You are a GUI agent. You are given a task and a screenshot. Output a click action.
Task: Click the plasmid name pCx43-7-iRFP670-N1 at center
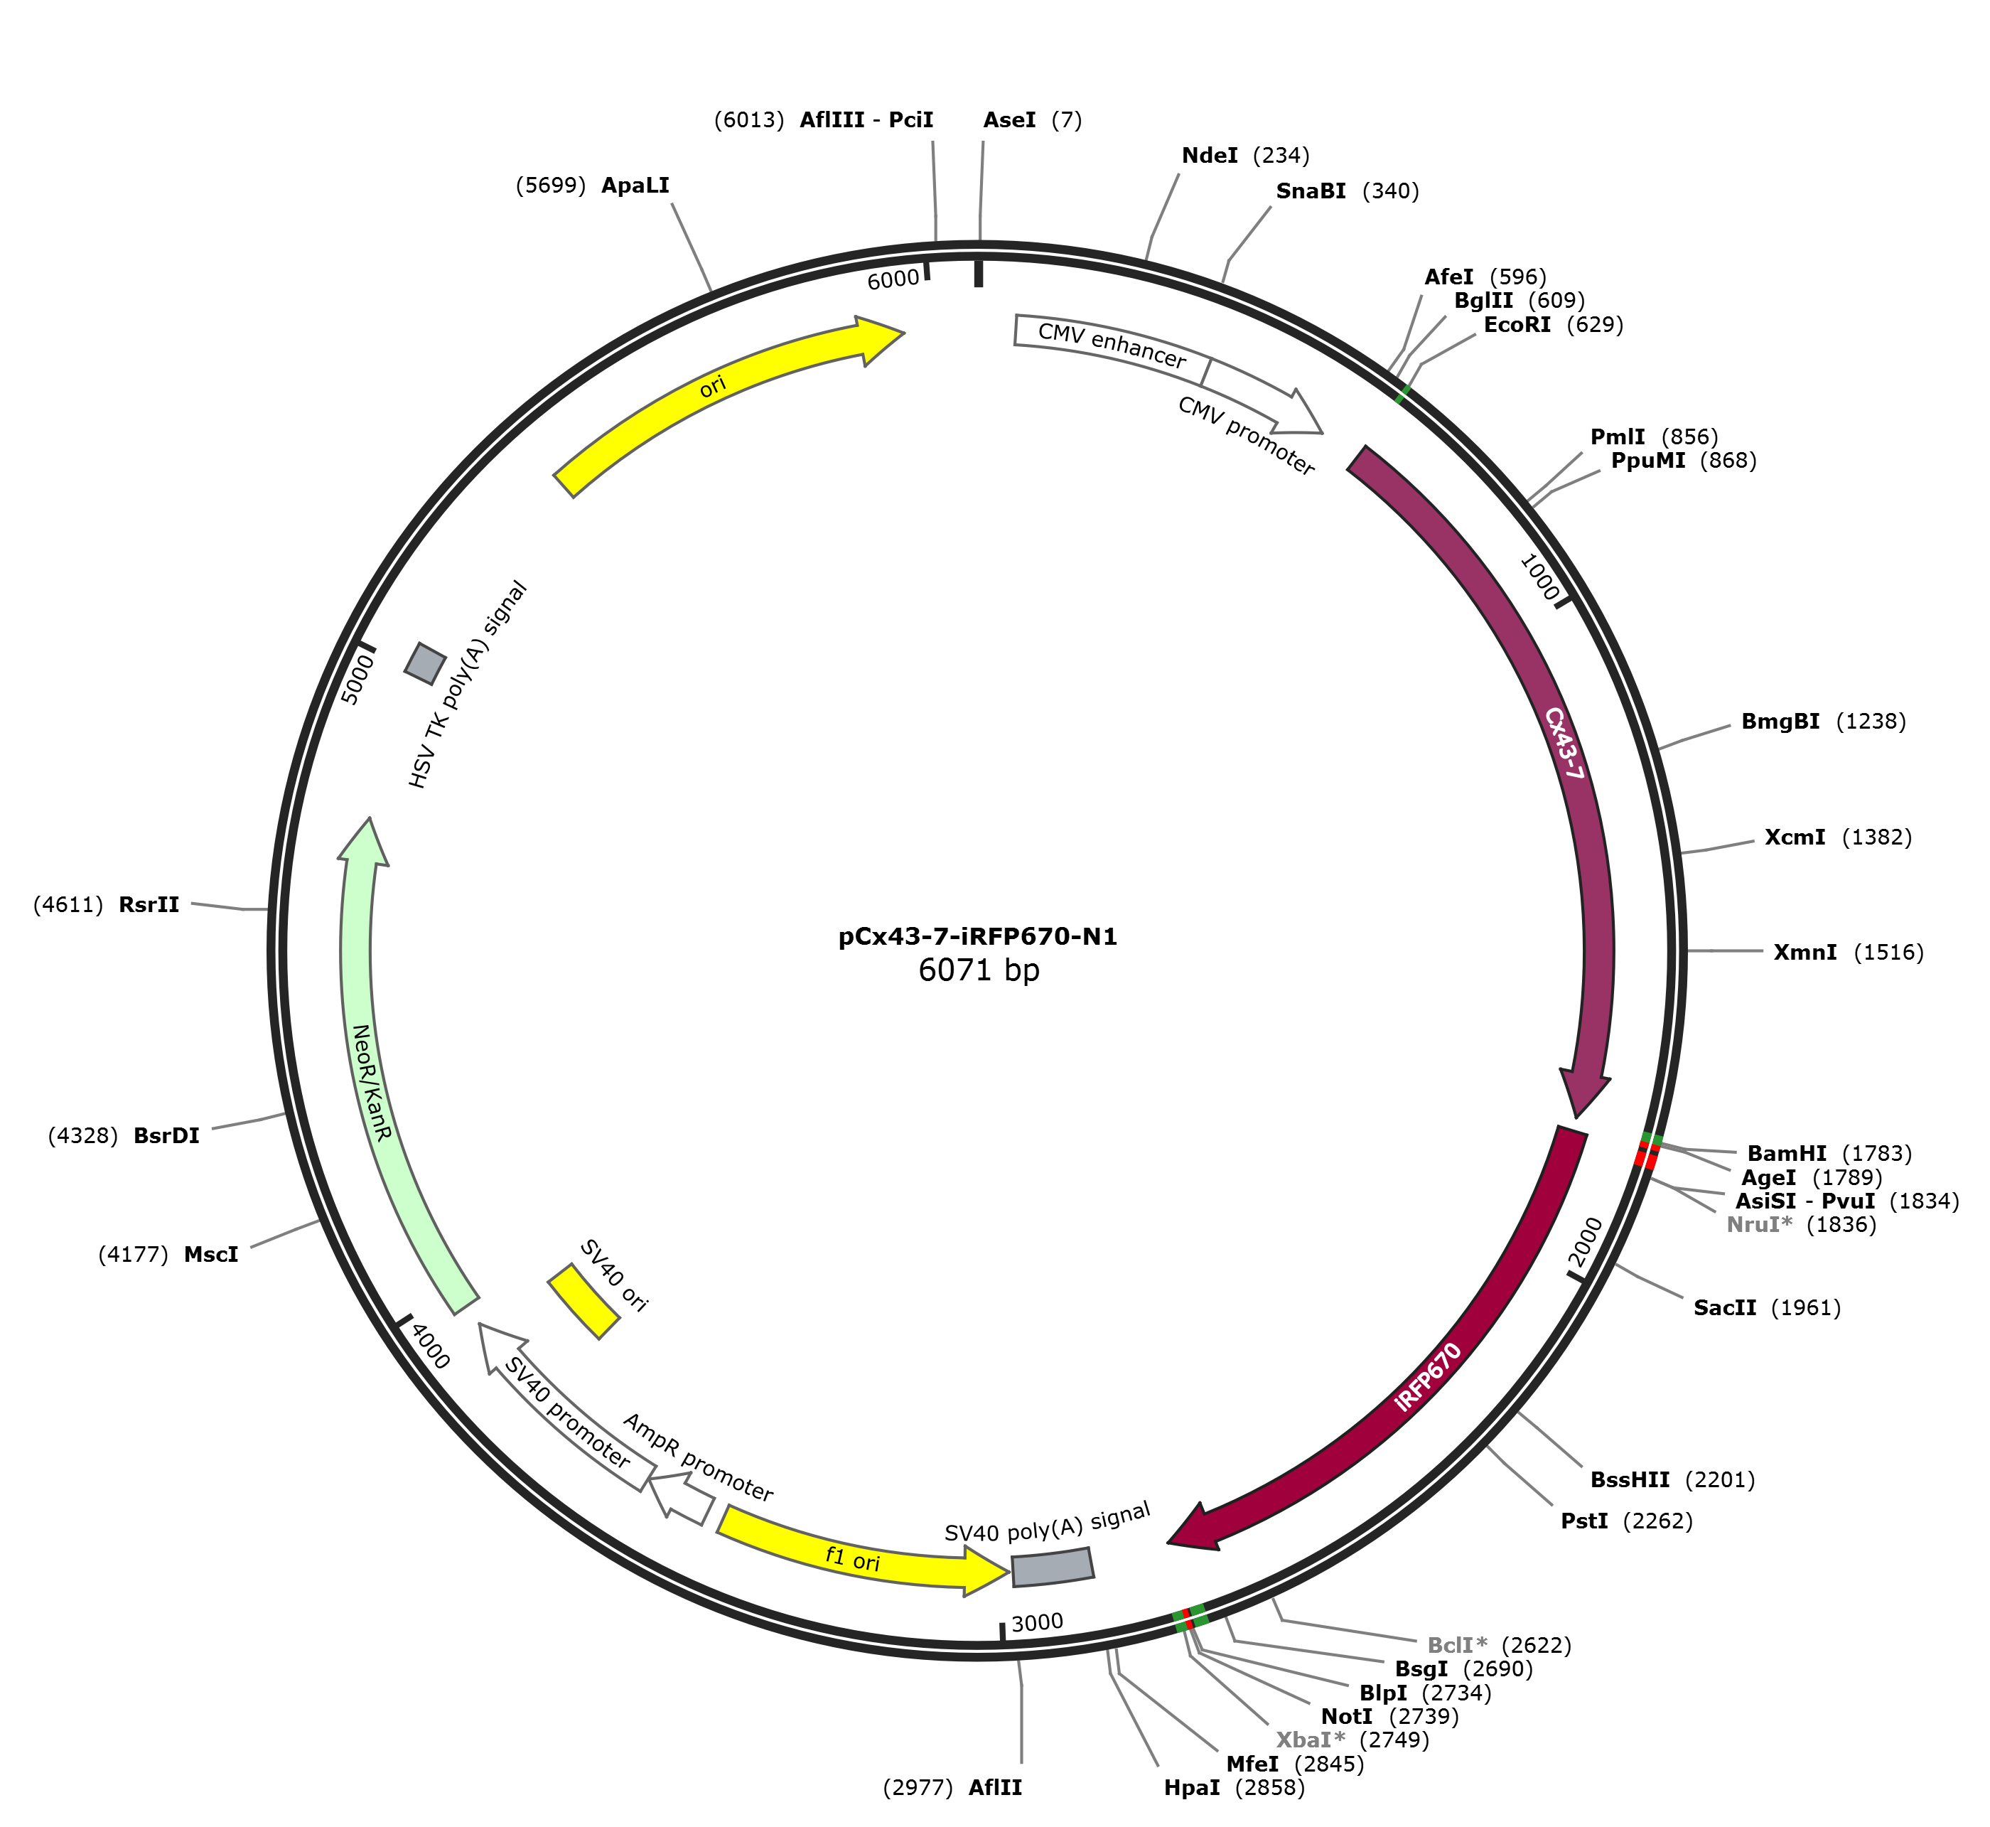click(x=978, y=936)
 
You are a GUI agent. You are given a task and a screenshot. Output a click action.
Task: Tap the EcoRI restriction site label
click(x=1517, y=324)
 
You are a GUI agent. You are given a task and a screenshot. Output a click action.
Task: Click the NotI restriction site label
click(x=1346, y=1716)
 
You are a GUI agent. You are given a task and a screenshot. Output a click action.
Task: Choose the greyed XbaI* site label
click(x=1311, y=1740)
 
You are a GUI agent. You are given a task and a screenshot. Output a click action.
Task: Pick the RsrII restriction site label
click(x=149, y=904)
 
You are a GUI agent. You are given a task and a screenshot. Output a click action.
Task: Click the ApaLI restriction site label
click(x=635, y=185)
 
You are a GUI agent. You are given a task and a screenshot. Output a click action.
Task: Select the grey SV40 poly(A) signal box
click(x=1053, y=1567)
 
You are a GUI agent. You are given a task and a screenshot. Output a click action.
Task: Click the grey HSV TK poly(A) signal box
click(x=425, y=663)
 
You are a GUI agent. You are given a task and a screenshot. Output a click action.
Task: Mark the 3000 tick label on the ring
click(x=1037, y=1622)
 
